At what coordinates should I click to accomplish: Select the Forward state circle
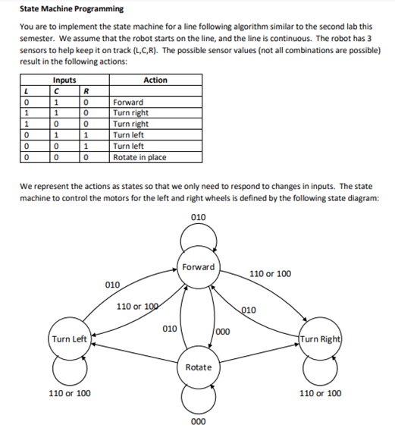click(x=199, y=266)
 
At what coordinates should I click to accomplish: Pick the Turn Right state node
click(x=320, y=339)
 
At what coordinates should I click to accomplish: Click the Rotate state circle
click(x=199, y=367)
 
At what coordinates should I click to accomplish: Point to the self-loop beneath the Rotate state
click(x=199, y=398)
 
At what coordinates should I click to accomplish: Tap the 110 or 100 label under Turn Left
click(x=70, y=393)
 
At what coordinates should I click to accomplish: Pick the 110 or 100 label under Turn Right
click(x=320, y=393)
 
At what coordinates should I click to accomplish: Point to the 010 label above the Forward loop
click(x=199, y=218)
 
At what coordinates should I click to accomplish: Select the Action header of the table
click(x=155, y=80)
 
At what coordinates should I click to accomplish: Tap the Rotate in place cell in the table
click(x=140, y=157)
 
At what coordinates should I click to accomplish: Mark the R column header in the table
click(x=88, y=91)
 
